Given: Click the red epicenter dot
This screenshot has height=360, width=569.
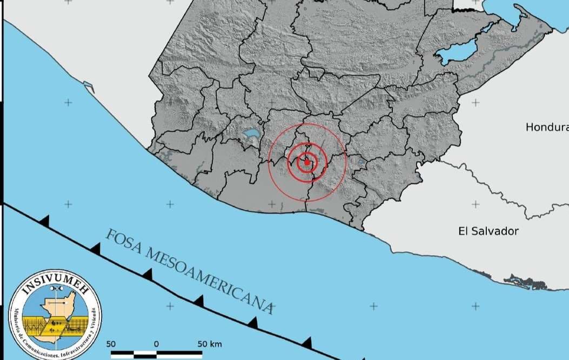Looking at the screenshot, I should coord(307,162).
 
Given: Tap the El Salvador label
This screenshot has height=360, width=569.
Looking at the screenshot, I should coord(488,231).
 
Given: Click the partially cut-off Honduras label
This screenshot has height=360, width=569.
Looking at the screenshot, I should coord(547,128).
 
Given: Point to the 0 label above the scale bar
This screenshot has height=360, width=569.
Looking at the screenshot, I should coord(156,344).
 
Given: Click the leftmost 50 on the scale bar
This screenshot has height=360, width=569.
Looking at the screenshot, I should coord(111,344).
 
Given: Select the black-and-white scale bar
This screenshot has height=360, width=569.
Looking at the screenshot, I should coord(157,355).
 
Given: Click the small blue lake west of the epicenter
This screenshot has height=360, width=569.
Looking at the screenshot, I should coord(251,133).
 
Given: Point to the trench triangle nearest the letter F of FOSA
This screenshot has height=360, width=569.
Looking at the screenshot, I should coord(95,249).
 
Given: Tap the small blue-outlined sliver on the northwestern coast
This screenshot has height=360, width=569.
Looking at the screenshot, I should coord(89,85).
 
